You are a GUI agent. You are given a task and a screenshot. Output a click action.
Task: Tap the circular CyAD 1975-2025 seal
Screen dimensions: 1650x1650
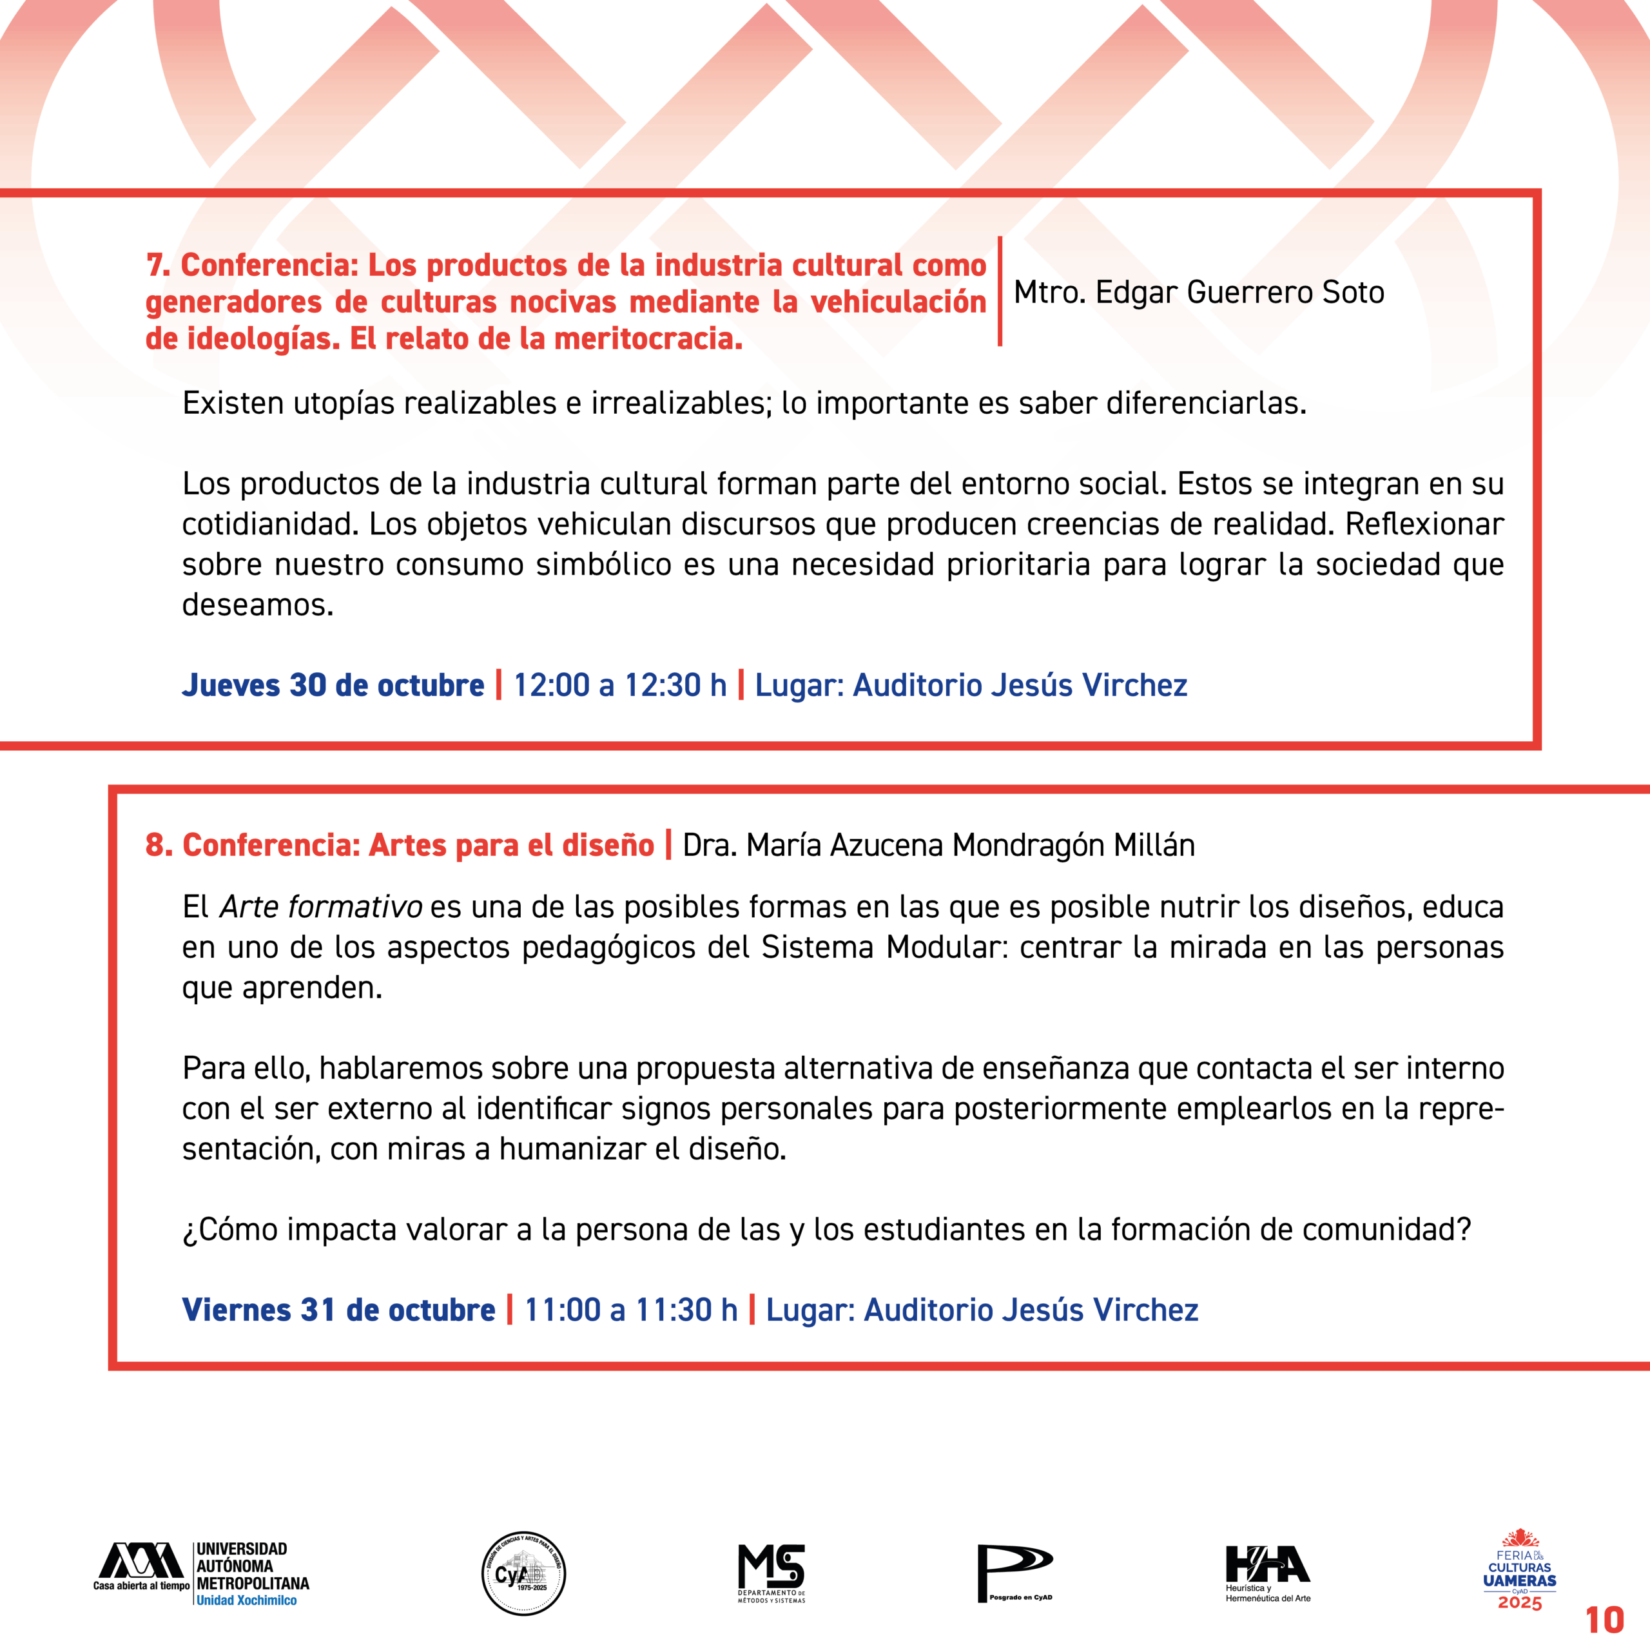pos(523,1573)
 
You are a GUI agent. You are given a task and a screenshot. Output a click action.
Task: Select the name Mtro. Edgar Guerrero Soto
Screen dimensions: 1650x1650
pos(1198,292)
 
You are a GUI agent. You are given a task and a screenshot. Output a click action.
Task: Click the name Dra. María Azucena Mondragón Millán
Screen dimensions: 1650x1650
pos(938,844)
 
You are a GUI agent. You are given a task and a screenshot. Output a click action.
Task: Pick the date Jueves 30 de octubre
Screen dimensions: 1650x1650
pos(333,685)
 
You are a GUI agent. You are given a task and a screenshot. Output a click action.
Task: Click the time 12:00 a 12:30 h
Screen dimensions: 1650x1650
pos(620,685)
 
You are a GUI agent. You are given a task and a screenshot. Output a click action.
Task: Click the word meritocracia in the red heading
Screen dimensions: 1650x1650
pos(647,339)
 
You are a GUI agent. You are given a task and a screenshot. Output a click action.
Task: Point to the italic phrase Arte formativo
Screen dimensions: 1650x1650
pos(321,906)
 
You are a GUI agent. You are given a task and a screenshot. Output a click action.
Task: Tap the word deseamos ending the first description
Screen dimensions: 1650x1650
pos(257,605)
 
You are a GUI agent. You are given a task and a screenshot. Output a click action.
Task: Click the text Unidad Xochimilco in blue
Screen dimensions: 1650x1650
pos(247,1600)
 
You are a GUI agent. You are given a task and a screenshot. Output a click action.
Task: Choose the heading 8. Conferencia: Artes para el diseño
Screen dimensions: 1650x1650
pos(400,844)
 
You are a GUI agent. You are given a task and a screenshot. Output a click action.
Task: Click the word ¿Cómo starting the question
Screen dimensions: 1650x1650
pos(229,1229)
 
